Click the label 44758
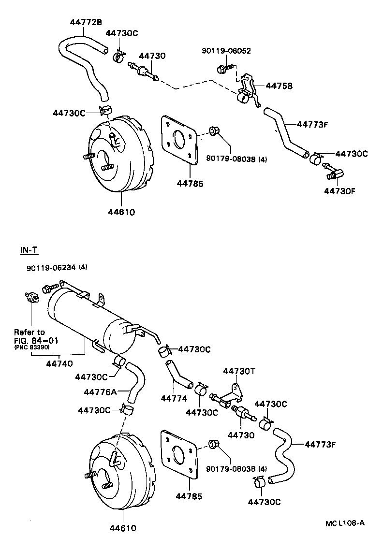pos(280,86)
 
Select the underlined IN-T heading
pos(29,250)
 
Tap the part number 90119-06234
pos(57,268)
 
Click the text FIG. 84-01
pos(36,340)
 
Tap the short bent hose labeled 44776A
pos(133,380)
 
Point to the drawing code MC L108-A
pos(344,522)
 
